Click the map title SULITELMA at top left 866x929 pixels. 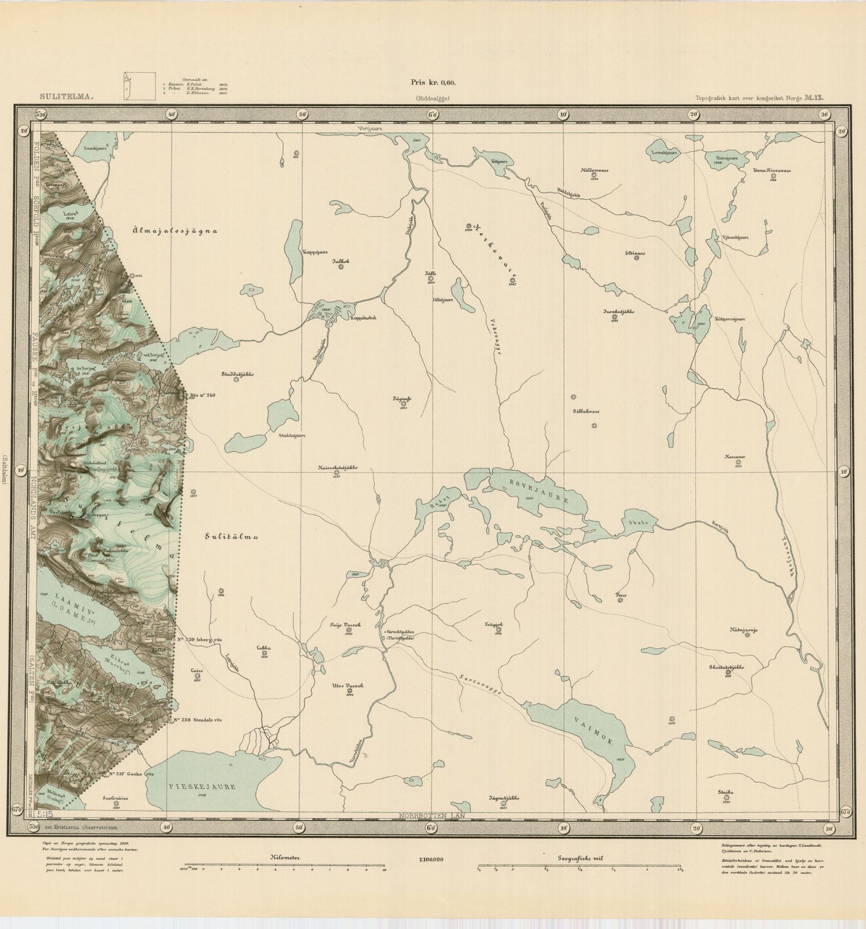[67, 95]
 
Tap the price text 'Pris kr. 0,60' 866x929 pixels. [433, 83]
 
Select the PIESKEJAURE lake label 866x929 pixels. [201, 786]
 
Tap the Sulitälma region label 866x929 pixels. [229, 537]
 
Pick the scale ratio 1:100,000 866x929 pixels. [432, 859]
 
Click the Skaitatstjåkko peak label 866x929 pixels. [727, 666]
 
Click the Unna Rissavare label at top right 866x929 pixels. [772, 170]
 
